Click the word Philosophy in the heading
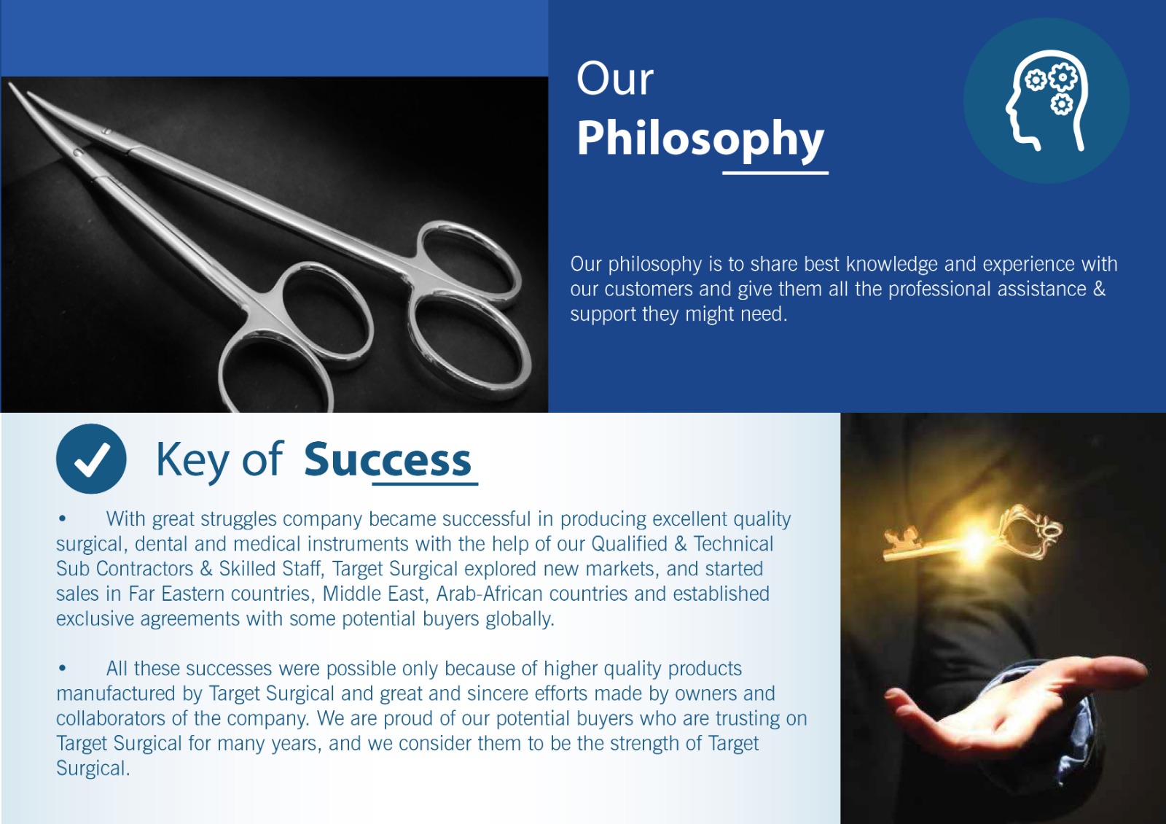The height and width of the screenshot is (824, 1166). click(x=700, y=138)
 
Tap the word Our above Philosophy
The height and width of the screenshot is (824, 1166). click(x=615, y=79)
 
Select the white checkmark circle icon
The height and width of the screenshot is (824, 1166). click(x=91, y=459)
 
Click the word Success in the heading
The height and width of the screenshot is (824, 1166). click(x=388, y=459)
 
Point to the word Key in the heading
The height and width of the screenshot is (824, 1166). click(x=192, y=460)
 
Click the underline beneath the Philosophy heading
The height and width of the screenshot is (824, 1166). click(x=775, y=172)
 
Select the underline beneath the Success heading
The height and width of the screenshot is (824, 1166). click(x=425, y=484)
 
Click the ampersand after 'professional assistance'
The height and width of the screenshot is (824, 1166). click(x=1099, y=289)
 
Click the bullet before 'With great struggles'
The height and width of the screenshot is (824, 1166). click(x=63, y=518)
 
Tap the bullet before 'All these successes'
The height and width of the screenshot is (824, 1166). click(x=63, y=668)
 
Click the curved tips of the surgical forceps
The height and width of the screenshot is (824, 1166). click(x=21, y=96)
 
